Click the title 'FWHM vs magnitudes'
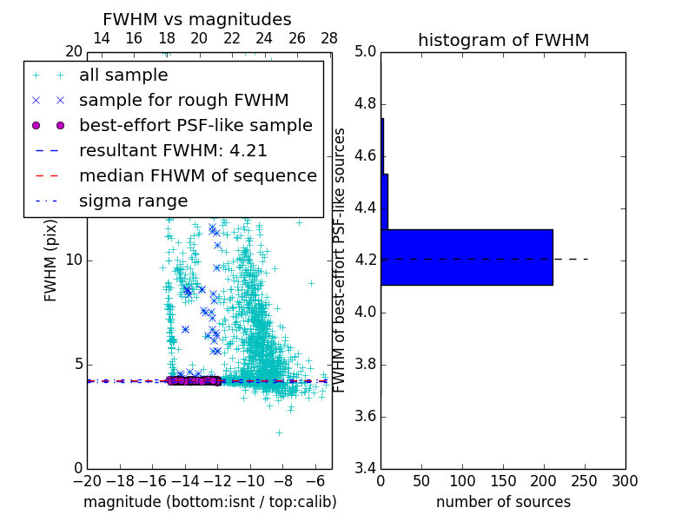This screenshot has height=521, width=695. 196,19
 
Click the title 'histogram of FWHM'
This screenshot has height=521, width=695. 503,40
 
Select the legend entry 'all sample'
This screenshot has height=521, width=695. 123,76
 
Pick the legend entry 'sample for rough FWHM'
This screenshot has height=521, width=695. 183,101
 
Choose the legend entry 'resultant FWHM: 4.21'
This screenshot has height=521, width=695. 173,151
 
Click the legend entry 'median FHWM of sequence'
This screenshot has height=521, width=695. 197,176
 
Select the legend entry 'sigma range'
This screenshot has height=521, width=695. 133,201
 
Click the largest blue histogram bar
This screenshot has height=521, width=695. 467,257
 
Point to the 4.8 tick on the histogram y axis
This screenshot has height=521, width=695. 366,104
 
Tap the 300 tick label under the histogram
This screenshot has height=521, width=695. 625,481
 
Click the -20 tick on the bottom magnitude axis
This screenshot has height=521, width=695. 87,480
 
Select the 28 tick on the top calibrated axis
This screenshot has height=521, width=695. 329,38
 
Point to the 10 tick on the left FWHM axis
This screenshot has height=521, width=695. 74,260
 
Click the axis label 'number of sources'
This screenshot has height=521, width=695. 503,502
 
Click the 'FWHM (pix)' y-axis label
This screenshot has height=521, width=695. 51,260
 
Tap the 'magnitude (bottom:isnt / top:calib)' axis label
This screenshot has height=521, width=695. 209,502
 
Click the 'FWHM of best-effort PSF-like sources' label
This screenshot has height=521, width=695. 340,260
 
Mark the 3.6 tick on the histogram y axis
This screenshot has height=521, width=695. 366,417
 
